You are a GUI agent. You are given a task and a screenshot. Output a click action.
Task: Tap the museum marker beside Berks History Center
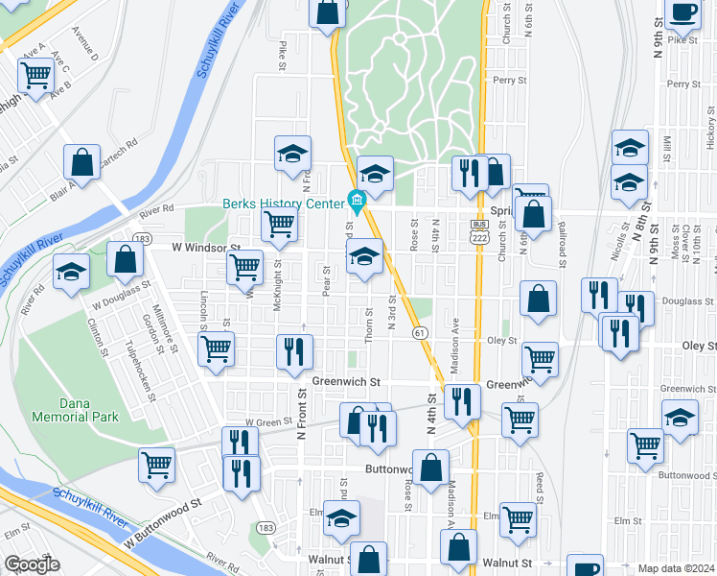[x=357, y=204]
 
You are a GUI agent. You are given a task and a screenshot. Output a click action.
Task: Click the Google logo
[x=32, y=564]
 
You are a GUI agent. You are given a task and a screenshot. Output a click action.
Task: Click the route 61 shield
[x=420, y=332]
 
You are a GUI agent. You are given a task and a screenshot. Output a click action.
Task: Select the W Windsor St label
[x=205, y=247]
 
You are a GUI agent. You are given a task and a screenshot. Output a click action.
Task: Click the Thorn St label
[x=369, y=320]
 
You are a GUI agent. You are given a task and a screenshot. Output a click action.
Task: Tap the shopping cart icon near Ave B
[x=36, y=73]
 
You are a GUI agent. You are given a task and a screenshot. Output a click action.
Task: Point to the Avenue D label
[x=85, y=49]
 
